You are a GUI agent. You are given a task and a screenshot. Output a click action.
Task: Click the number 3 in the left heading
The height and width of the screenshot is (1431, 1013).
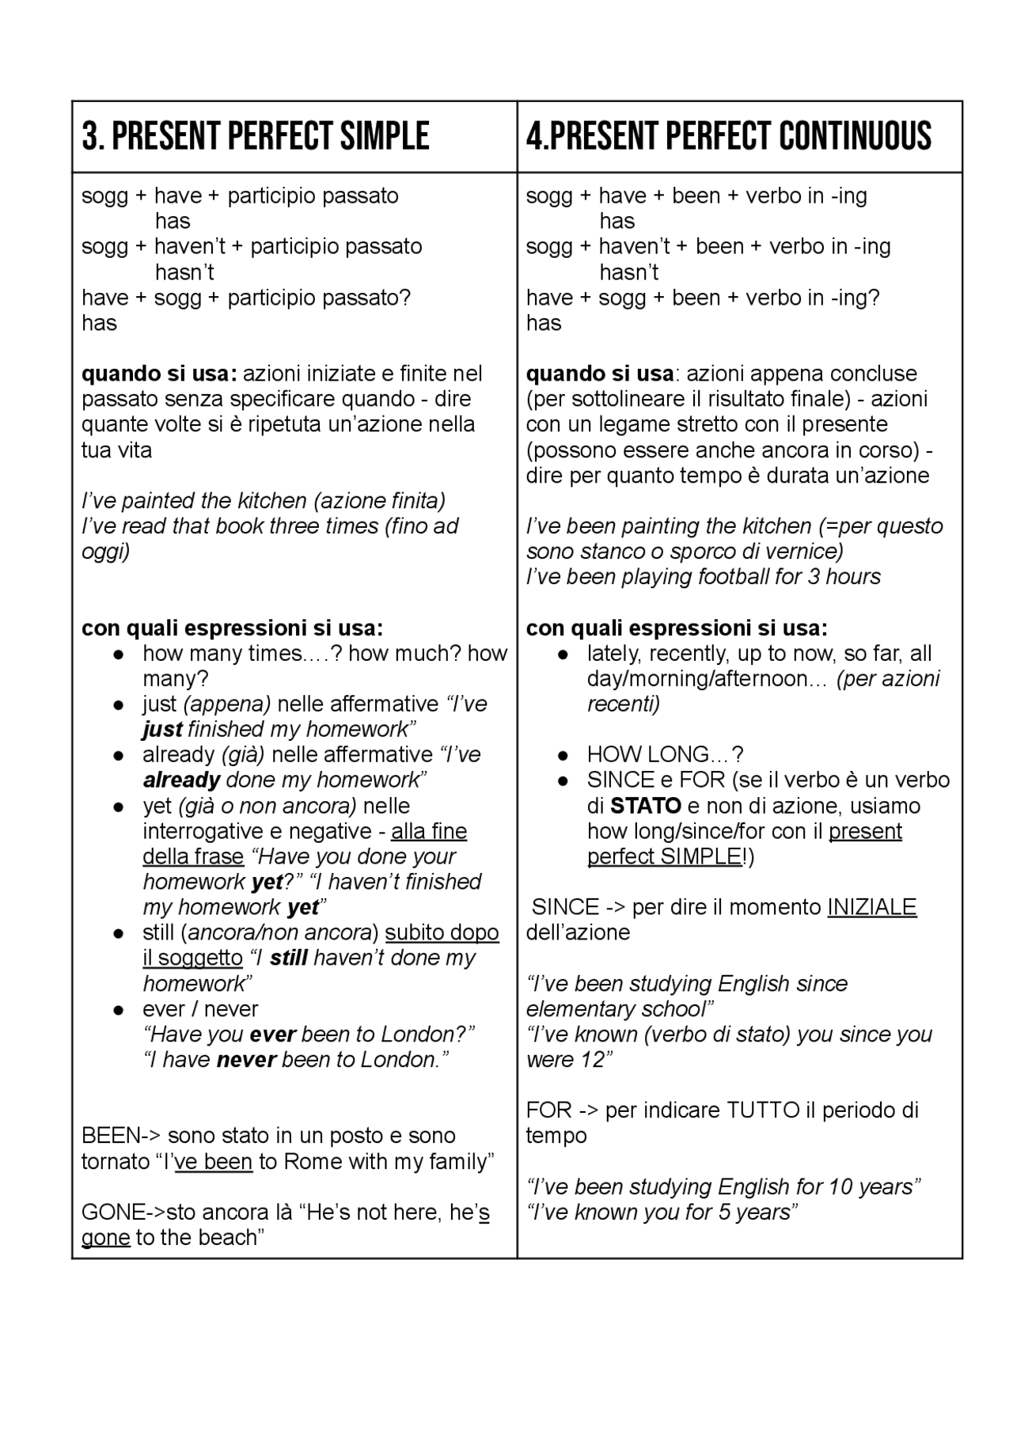coord(91,136)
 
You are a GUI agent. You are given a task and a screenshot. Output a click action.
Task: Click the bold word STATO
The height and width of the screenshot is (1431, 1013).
coord(646,806)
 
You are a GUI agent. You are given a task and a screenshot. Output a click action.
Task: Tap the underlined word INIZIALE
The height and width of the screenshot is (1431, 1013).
coord(871,907)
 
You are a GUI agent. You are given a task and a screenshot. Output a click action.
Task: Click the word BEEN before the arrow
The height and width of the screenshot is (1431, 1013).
coord(111,1136)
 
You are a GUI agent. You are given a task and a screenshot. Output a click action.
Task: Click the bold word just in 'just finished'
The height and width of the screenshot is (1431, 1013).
coord(162,729)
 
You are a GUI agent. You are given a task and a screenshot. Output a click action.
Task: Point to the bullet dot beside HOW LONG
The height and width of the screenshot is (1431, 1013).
coord(563,755)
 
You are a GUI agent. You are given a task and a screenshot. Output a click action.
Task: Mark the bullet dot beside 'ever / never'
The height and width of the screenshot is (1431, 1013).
coord(118,1009)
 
